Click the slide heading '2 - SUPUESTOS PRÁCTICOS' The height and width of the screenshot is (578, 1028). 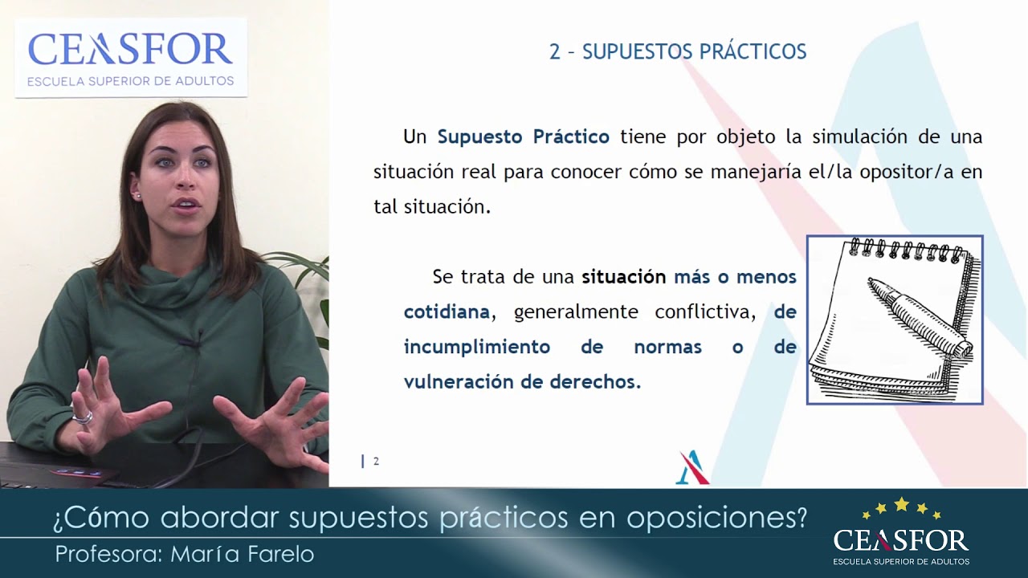tap(677, 52)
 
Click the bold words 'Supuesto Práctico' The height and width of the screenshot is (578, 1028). tap(523, 136)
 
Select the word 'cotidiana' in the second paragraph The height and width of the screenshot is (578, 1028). tap(447, 311)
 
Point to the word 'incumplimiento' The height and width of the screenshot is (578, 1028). tap(476, 347)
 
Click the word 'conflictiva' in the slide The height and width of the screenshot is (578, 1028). tap(704, 311)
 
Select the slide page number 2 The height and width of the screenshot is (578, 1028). tap(376, 461)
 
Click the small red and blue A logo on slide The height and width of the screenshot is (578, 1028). tap(692, 467)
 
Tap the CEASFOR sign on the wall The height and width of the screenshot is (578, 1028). tap(131, 57)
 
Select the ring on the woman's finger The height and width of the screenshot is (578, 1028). tap(83, 417)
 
